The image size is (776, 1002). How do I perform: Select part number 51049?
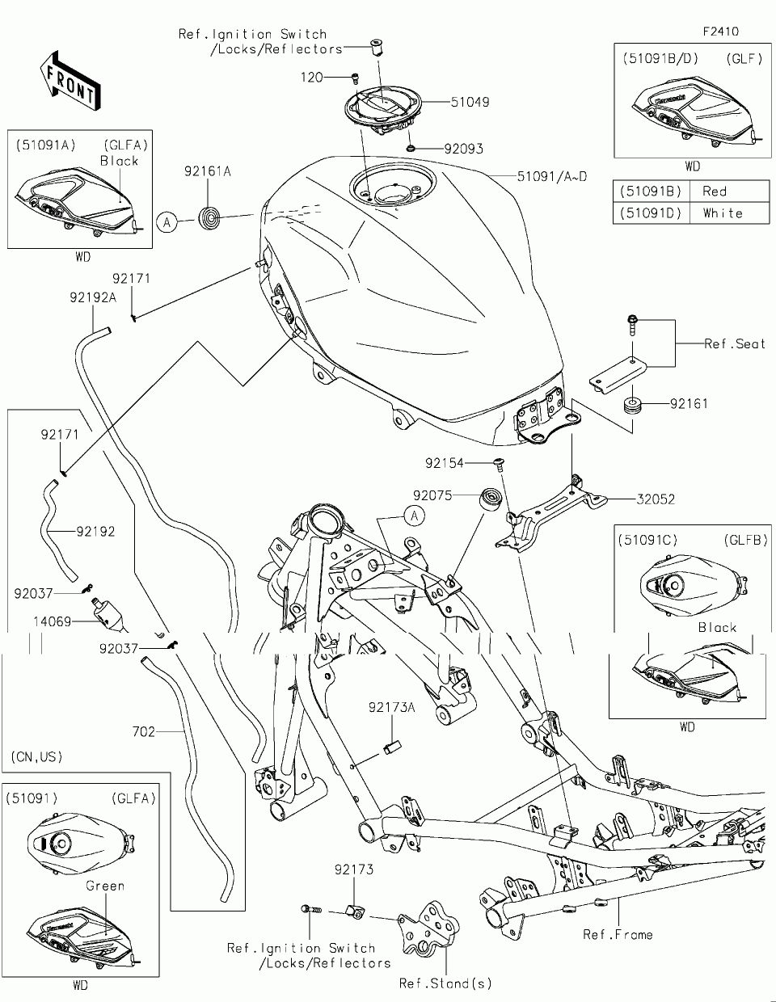tap(470, 103)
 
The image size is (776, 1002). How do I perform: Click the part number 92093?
tap(464, 149)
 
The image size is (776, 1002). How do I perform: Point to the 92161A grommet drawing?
tap(209, 217)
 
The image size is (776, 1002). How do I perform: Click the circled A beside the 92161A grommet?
tap(167, 221)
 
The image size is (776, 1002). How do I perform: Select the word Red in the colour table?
tap(715, 192)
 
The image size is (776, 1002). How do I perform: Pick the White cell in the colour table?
tap(722, 213)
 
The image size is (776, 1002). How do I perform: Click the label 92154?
tap(445, 463)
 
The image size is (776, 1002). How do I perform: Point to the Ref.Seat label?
tap(734, 344)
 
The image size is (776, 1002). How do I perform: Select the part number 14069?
tap(53, 622)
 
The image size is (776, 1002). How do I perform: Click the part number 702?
tap(144, 732)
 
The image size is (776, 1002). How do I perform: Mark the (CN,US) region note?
tap(37, 757)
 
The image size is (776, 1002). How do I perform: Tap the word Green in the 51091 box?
tap(105, 886)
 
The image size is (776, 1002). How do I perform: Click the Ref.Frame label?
tap(618, 934)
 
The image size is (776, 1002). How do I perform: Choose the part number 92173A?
tap(391, 707)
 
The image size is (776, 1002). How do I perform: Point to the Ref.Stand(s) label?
tap(445, 983)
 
